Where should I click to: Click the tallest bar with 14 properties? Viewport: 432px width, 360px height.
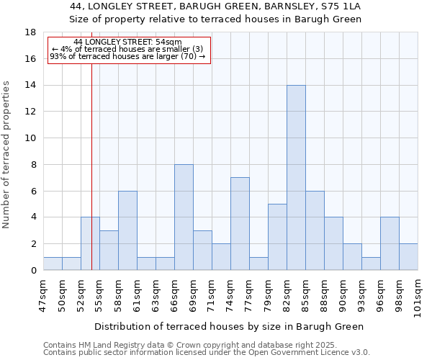click(296, 178)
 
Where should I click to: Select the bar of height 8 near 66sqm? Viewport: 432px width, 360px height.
click(184, 217)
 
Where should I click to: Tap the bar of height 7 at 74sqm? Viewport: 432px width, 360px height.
click(240, 224)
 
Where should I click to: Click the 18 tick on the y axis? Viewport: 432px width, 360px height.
click(31, 32)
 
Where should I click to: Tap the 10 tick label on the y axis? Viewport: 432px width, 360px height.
click(31, 138)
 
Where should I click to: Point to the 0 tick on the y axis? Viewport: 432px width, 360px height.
click(34, 271)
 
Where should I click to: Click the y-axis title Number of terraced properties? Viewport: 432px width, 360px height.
click(7, 154)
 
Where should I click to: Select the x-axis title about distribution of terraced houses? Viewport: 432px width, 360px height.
click(229, 326)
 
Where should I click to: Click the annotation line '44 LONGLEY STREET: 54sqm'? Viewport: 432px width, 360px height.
click(128, 42)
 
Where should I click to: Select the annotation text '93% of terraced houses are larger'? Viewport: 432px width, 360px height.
click(128, 57)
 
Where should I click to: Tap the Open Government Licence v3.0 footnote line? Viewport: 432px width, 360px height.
click(207, 353)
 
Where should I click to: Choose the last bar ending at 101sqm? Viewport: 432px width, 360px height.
click(408, 257)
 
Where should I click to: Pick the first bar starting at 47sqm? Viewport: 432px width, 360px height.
click(53, 264)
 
